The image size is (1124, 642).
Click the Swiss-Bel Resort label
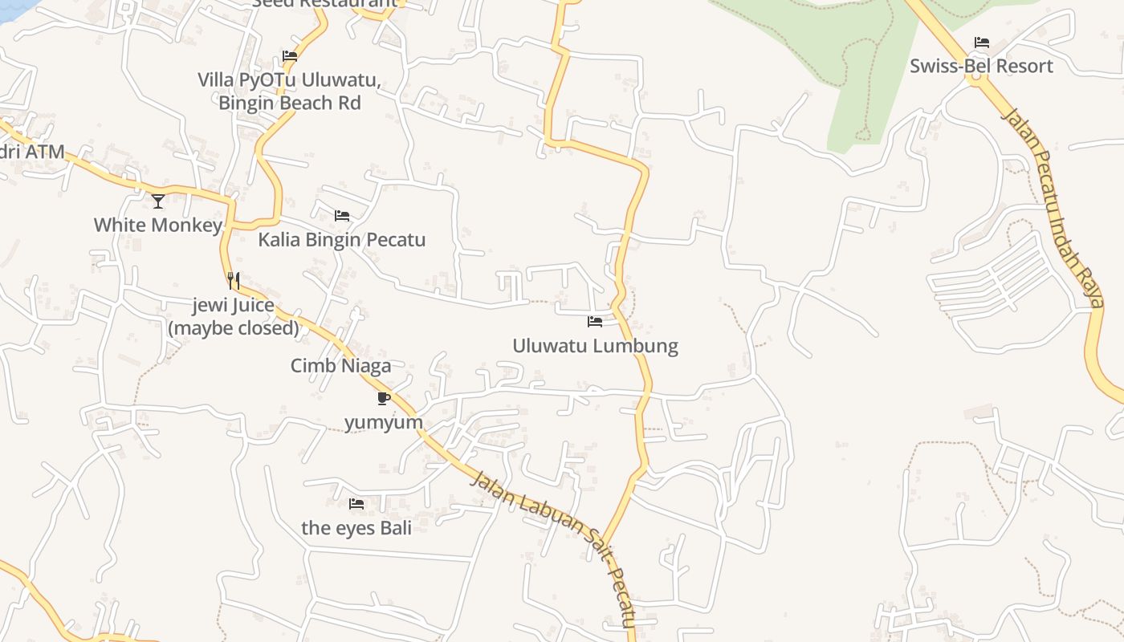point(981,66)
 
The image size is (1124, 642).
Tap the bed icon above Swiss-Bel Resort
point(981,43)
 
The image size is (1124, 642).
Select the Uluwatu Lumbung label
point(595,346)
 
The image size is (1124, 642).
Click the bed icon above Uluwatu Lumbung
point(595,322)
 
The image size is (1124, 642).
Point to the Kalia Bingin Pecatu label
point(341,240)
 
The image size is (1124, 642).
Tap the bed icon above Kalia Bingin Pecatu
point(342,216)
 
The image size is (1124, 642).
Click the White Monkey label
point(157,225)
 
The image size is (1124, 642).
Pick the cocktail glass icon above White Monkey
point(158,201)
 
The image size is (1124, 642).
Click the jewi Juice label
point(234,306)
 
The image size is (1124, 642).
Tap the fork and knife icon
point(234,281)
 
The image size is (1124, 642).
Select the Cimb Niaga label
point(340,366)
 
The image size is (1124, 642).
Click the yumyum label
point(384,422)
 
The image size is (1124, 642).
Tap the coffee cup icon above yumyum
point(384,398)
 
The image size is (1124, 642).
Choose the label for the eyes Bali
point(356,527)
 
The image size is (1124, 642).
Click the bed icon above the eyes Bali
point(356,504)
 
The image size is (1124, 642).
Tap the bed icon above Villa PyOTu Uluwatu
point(290,56)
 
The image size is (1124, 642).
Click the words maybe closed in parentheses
point(234,328)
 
